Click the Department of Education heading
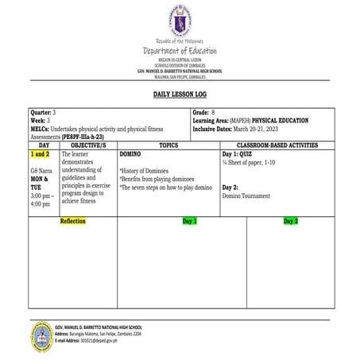180,51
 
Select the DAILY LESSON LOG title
180,94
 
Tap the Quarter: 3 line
43,114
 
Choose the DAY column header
44,146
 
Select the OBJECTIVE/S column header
88,146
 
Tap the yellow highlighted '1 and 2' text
40,154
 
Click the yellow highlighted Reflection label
72,220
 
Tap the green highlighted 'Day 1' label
190,220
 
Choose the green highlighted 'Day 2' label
290,220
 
